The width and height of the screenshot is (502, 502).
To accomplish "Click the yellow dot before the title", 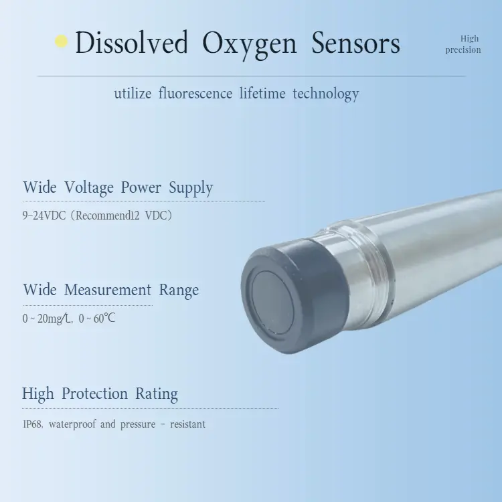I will [x=62, y=41].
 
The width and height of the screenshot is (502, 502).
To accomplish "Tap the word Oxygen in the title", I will [x=249, y=44].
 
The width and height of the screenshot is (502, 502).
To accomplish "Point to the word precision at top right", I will [x=463, y=50].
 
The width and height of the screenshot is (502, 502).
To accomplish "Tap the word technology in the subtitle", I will [x=326, y=94].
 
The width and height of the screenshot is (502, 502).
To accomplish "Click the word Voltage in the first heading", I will [x=89, y=188].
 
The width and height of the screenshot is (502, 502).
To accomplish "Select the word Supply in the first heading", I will [x=191, y=189].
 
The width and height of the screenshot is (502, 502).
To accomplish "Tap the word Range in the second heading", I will [x=179, y=290].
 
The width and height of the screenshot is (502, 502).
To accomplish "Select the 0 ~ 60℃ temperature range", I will [x=97, y=319].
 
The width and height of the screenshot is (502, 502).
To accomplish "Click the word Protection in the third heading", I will [x=94, y=394].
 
